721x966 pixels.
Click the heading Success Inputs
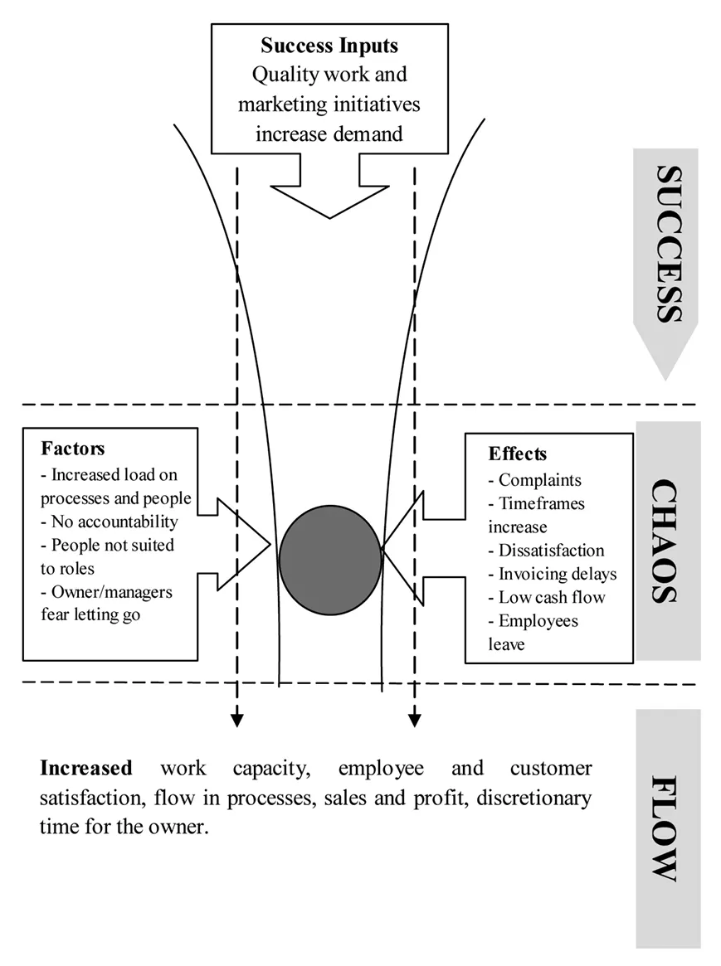[329, 45]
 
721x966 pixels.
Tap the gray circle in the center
[330, 560]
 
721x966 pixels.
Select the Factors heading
[73, 449]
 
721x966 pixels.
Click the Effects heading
[518, 454]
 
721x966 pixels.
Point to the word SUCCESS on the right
[667, 244]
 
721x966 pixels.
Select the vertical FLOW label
[667, 828]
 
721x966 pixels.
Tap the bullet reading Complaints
[539, 480]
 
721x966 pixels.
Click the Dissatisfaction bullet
[551, 551]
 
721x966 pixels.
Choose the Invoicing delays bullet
[557, 574]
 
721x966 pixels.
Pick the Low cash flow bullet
[552, 597]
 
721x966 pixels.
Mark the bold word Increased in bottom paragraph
[86, 768]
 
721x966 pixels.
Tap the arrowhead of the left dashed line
[237, 721]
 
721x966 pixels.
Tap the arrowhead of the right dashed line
[414, 721]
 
